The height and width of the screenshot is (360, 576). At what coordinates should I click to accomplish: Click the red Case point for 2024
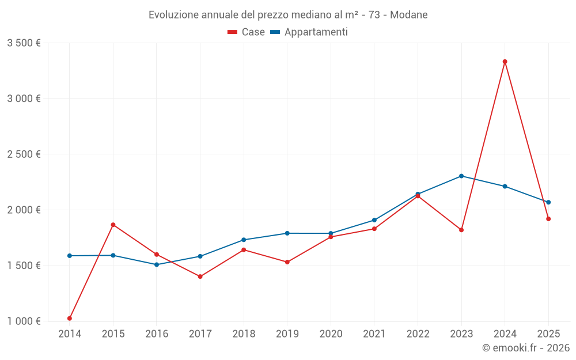505,62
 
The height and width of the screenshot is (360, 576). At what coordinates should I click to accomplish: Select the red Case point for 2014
70,319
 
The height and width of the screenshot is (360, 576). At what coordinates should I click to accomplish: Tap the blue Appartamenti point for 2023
461,176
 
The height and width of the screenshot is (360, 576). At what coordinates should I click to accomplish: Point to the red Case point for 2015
113,225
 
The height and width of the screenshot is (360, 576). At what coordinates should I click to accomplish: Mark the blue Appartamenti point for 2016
157,264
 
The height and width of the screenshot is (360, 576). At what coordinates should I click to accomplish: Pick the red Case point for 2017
200,276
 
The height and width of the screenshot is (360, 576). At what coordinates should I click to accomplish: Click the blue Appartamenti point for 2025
548,202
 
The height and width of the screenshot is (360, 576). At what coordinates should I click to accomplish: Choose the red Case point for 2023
461,230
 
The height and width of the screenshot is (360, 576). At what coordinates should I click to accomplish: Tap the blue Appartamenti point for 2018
244,240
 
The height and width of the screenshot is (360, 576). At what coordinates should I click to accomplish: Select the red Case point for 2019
287,262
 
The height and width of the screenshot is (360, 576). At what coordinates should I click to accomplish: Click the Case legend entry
247,32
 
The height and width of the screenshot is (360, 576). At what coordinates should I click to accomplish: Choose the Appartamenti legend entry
309,32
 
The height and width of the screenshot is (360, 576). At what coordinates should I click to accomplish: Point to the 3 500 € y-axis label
24,43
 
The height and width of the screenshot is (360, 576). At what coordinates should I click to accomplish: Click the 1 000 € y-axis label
24,321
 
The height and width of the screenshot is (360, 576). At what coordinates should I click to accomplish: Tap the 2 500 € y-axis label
24,154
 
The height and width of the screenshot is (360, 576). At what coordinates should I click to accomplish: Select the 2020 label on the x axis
331,334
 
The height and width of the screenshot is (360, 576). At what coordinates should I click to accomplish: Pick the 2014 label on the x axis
70,334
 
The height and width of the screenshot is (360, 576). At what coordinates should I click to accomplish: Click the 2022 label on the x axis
418,334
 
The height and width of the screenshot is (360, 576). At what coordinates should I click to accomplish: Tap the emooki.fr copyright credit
526,348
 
